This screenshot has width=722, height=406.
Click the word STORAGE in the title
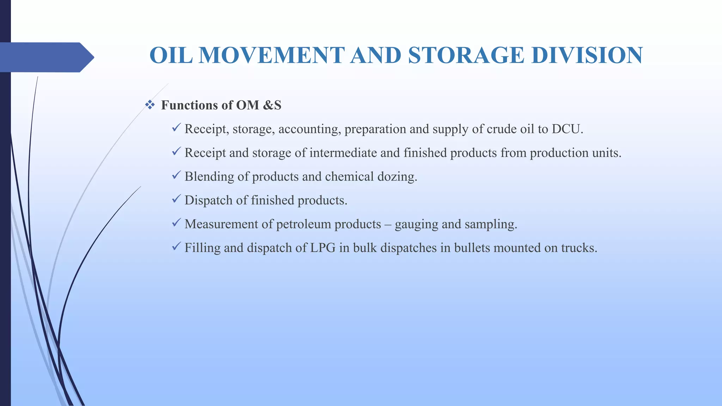(466, 55)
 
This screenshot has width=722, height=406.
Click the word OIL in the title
(171, 55)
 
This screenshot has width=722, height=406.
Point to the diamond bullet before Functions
(150, 105)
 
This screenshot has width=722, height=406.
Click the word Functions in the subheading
(189, 105)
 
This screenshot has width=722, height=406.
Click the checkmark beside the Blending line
(176, 175)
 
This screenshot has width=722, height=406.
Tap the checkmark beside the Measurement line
(176, 222)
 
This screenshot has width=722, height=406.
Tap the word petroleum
(304, 224)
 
